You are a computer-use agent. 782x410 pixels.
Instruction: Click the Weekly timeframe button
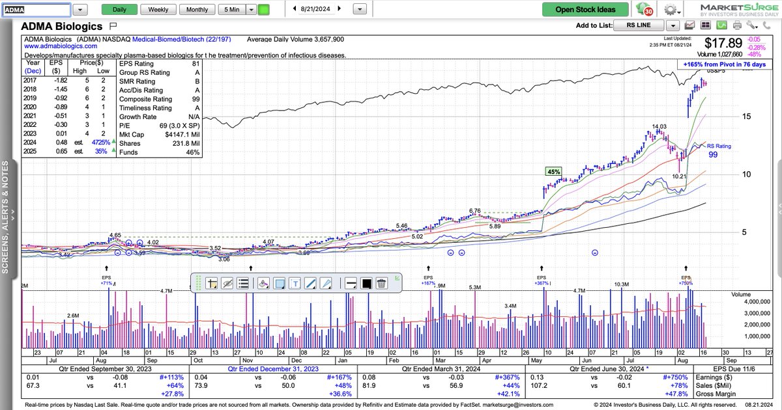pyautogui.click(x=158, y=10)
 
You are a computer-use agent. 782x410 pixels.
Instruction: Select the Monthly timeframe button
pyautogui.click(x=197, y=10)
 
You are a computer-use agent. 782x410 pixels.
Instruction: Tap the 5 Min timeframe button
pyautogui.click(x=232, y=10)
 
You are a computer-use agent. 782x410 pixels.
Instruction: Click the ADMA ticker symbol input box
pyautogui.click(x=35, y=10)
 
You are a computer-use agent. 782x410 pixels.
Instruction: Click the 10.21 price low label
pyautogui.click(x=679, y=176)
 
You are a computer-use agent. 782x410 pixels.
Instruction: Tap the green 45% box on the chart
pyautogui.click(x=553, y=172)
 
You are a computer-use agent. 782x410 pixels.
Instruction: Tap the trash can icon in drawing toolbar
pyautogui.click(x=382, y=283)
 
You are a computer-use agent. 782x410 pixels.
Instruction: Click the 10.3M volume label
pyautogui.click(x=621, y=284)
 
